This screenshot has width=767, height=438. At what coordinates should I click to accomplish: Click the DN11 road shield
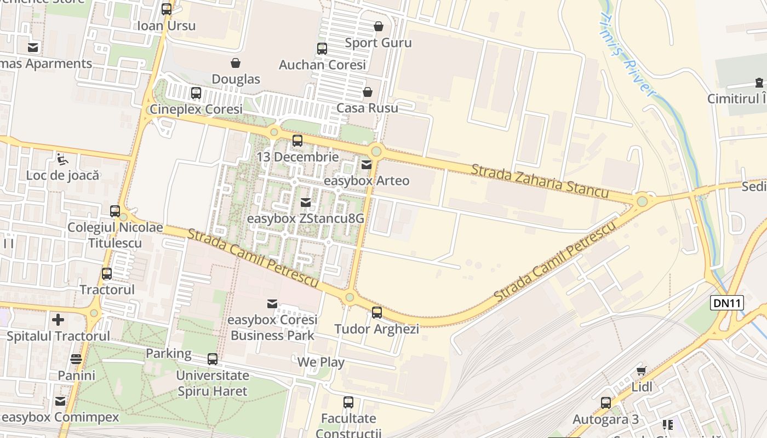point(727,303)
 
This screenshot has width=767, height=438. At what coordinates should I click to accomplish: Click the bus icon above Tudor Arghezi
point(377,313)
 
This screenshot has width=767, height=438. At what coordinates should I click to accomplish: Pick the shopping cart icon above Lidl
point(642,371)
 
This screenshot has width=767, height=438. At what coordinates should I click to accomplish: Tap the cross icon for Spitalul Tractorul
point(58,319)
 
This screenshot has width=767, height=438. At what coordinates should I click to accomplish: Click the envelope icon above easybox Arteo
point(366,164)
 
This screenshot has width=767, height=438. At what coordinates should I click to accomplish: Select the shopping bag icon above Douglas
point(236,63)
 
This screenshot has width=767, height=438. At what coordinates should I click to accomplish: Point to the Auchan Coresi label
point(322,65)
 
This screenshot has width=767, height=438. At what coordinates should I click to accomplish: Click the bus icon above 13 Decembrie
point(297,141)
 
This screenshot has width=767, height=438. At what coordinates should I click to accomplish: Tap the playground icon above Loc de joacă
point(62,159)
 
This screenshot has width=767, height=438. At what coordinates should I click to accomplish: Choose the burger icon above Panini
point(76,359)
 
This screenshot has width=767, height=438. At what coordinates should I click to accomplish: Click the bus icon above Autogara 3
point(605,403)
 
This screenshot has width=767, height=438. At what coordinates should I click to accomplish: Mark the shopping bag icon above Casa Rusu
point(367,92)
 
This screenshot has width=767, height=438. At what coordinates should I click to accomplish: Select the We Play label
point(320,362)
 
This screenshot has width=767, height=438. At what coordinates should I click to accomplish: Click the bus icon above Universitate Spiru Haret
point(212,359)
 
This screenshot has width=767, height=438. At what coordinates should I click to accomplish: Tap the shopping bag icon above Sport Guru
point(378,26)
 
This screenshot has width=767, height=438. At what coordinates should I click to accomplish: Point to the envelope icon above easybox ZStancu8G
point(306,203)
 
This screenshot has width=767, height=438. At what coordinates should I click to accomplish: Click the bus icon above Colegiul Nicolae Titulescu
point(115,211)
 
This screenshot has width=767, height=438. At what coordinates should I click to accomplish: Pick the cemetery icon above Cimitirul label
point(759,83)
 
